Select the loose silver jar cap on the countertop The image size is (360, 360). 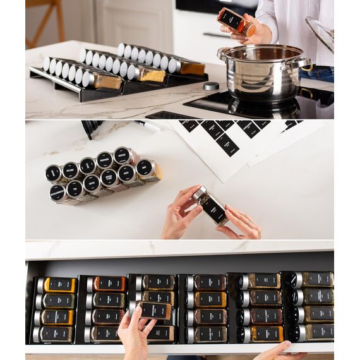211,85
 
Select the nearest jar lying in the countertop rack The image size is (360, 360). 101,80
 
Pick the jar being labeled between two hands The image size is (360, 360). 210,205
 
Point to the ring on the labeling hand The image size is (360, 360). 249,222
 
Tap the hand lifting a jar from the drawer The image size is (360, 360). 135,335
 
